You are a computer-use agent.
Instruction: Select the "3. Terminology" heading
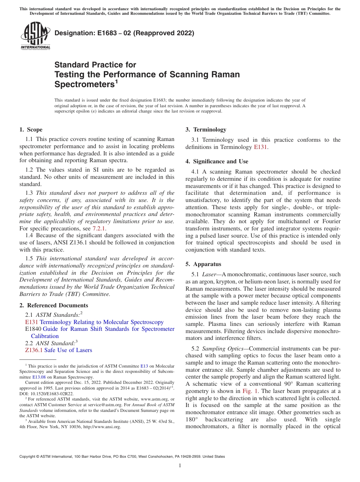[x=206, y=130]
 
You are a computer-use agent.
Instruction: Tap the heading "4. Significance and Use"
[x=217, y=161]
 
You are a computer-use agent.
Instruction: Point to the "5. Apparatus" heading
[x=203, y=264]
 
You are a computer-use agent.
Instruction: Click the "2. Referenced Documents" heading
[x=54, y=305]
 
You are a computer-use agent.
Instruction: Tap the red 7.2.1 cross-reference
[x=99, y=228]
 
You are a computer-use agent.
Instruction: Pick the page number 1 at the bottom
[x=180, y=465]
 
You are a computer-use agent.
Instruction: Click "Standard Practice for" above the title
[x=95, y=65]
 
